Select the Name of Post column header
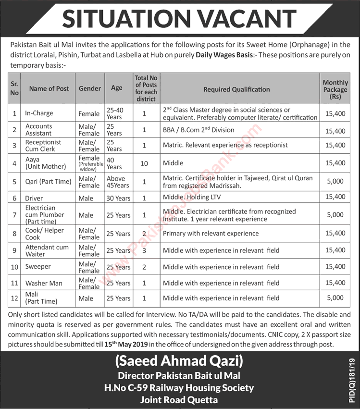(49, 88)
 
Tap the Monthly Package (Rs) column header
(335, 89)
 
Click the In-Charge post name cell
(39, 113)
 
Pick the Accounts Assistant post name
(39, 130)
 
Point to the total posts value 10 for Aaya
(144, 163)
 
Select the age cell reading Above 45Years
(117, 182)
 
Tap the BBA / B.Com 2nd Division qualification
(199, 130)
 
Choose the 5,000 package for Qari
(335, 181)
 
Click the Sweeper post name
(38, 267)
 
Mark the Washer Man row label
(44, 283)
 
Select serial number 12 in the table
(14, 298)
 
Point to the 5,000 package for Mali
(335, 298)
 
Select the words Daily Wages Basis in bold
(224, 55)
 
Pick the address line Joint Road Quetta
(179, 399)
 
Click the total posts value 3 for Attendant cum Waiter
(144, 250)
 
